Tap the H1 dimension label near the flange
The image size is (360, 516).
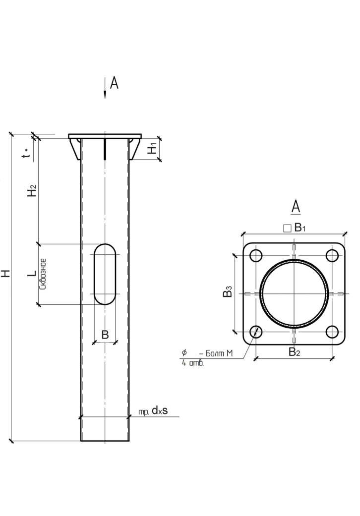152,149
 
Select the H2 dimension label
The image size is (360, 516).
32,191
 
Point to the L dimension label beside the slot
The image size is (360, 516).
32,274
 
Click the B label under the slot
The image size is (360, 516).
105,335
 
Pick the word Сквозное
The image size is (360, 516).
43,274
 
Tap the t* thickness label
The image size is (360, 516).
27,152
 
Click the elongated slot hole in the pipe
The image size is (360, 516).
105,274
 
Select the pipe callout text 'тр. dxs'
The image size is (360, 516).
153,411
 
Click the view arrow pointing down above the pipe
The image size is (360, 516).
105,88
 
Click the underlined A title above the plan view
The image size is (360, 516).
296,207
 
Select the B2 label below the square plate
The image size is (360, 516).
295,352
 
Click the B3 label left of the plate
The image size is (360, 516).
228,291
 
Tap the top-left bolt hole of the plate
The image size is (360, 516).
256,255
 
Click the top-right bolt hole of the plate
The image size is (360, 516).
332,255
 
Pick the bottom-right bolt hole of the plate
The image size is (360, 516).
332,332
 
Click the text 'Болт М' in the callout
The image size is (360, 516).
219,354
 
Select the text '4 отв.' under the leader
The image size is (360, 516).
193,364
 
